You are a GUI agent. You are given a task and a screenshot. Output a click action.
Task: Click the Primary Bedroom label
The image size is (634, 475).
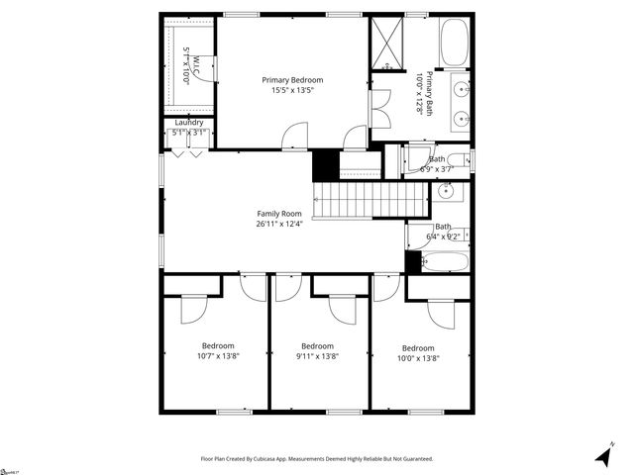[x=292, y=80]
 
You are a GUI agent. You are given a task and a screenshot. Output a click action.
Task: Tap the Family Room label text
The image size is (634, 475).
[x=279, y=214]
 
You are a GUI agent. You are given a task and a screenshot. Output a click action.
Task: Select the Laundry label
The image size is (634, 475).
[x=189, y=123]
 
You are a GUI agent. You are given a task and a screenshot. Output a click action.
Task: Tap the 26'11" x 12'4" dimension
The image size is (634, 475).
[x=279, y=224]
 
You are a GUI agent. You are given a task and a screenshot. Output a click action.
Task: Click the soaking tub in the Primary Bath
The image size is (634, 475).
[x=454, y=43]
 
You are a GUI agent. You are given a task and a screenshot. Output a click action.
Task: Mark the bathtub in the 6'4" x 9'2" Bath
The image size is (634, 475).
[x=443, y=262]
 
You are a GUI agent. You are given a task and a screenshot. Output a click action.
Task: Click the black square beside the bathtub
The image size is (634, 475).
[x=413, y=262]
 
